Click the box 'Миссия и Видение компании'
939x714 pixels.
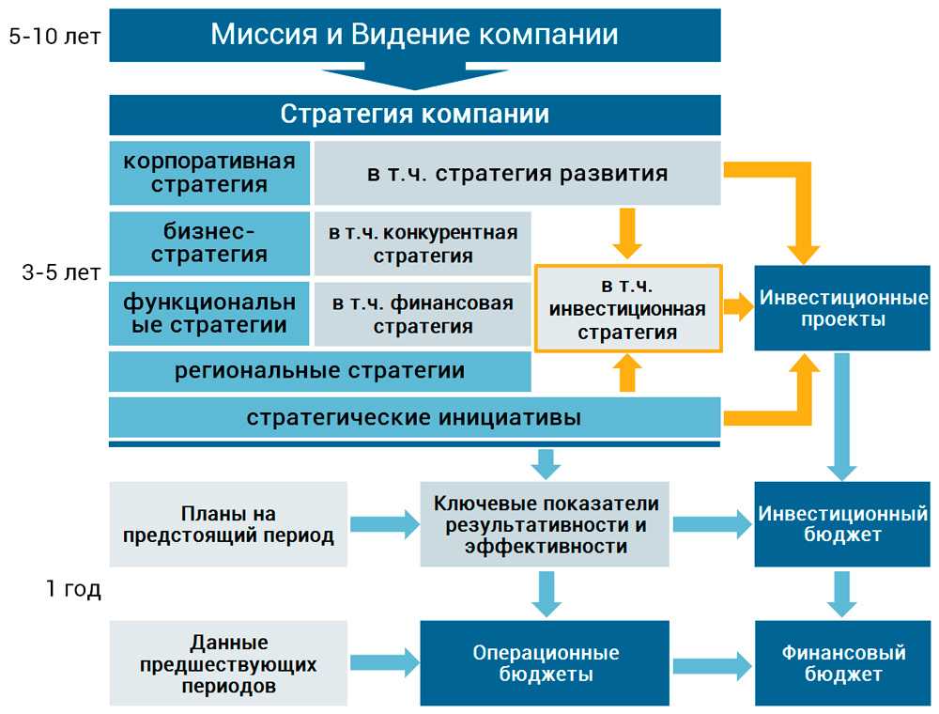414,36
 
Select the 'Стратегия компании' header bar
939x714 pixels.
414,115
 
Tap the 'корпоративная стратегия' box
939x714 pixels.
208,172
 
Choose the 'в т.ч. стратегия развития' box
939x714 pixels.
516,173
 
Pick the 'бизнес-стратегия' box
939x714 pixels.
208,242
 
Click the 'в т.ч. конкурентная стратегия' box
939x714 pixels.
423,243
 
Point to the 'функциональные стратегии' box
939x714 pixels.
208,314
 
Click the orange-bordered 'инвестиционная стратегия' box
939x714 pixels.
627,308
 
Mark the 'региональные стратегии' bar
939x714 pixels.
319,370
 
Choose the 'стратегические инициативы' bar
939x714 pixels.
414,417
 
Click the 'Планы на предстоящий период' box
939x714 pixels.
228,525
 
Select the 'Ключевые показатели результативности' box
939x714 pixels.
545,525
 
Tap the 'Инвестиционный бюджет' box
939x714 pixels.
843,525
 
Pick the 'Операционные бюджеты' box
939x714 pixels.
545,663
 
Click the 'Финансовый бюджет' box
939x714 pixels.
843,663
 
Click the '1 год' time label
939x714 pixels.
72,590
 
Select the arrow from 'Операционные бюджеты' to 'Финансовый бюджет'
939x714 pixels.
712,664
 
